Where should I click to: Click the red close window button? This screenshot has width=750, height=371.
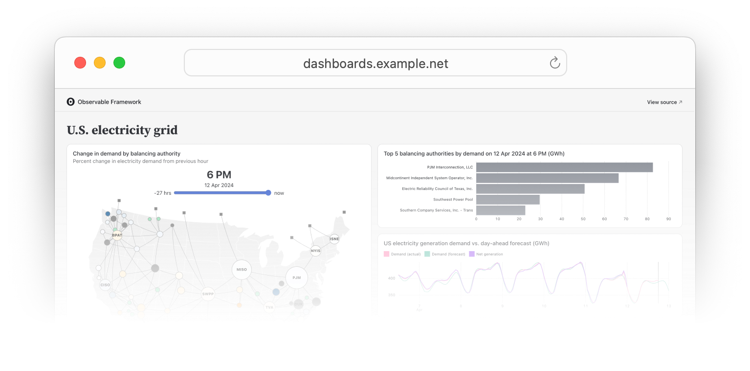click(x=80, y=63)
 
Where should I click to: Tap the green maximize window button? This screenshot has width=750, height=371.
click(x=119, y=63)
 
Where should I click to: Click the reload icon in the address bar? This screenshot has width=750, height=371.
click(x=554, y=63)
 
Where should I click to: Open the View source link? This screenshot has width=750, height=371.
click(x=664, y=102)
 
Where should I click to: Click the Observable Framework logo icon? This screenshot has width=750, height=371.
click(x=71, y=102)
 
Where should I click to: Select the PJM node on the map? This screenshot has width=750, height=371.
click(x=296, y=278)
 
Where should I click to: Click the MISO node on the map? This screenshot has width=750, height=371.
click(x=242, y=270)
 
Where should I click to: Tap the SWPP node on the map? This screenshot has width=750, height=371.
click(x=208, y=294)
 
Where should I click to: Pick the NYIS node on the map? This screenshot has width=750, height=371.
click(x=315, y=251)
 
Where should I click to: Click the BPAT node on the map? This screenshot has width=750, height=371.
click(x=117, y=235)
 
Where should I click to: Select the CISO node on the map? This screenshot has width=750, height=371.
click(x=105, y=285)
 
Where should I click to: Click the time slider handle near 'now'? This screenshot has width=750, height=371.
click(x=268, y=193)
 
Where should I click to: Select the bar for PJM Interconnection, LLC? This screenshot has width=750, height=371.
click(x=564, y=167)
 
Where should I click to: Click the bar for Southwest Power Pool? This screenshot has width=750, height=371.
click(x=507, y=200)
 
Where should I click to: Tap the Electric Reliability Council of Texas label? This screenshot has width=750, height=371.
click(x=437, y=189)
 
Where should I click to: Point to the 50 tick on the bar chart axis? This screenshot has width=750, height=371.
click(x=583, y=219)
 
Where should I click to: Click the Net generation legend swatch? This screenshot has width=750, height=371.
click(x=472, y=254)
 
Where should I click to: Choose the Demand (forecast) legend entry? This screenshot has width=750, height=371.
click(x=445, y=254)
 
